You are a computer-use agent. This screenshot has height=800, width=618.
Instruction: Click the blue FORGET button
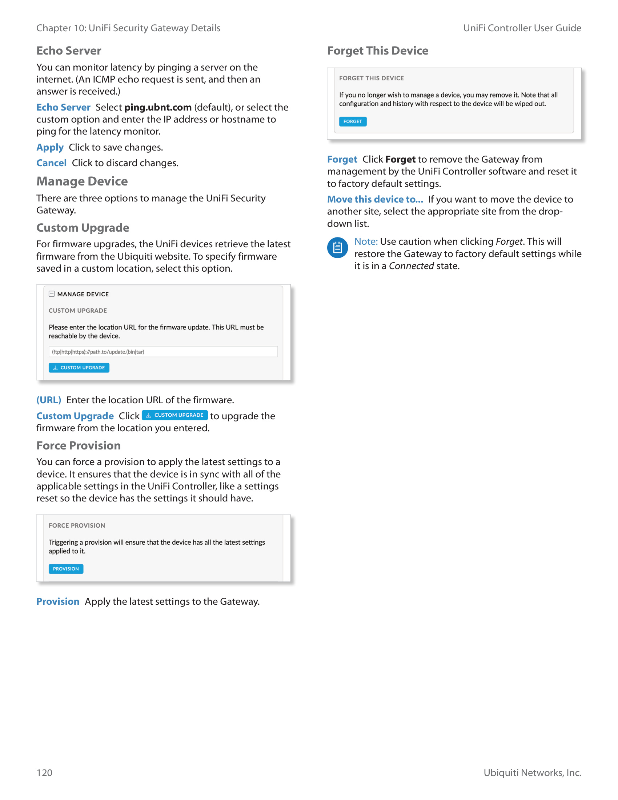pyautogui.click(x=352, y=121)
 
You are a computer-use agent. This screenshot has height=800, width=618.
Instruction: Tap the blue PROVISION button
pyautogui.click(x=66, y=569)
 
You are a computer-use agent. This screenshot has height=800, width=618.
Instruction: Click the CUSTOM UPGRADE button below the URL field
pyautogui.click(x=79, y=368)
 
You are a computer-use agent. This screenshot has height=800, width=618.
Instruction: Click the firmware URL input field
pyautogui.click(x=163, y=352)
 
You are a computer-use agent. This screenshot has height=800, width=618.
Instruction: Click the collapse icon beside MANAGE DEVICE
pyautogui.click(x=52, y=294)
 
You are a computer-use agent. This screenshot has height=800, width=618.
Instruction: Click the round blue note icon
pyautogui.click(x=337, y=248)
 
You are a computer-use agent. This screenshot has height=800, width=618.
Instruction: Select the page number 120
pyautogui.click(x=44, y=772)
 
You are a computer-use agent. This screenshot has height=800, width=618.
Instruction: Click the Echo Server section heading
pyautogui.click(x=68, y=51)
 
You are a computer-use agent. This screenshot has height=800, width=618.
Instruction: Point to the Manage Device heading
pyautogui.click(x=82, y=181)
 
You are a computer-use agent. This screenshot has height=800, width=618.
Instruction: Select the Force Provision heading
pyautogui.click(x=79, y=446)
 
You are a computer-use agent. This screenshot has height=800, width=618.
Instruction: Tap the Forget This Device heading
pyautogui.click(x=377, y=51)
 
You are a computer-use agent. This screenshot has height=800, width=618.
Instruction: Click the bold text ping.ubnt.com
pyautogui.click(x=158, y=107)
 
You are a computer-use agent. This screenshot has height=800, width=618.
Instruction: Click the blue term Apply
pyautogui.click(x=50, y=147)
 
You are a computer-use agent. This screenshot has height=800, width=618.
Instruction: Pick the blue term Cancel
pyautogui.click(x=51, y=163)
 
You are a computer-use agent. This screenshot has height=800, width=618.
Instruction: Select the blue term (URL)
pyautogui.click(x=49, y=400)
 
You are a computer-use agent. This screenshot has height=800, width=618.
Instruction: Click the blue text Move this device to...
pyautogui.click(x=375, y=199)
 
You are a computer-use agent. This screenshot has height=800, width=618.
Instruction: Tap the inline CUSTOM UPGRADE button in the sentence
pyautogui.click(x=174, y=415)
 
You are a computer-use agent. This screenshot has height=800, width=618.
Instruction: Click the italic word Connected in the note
pyautogui.click(x=411, y=266)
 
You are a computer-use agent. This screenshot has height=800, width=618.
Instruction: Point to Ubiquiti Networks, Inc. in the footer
pyautogui.click(x=532, y=772)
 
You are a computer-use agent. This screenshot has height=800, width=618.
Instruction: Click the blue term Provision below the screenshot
pyautogui.click(x=58, y=602)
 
